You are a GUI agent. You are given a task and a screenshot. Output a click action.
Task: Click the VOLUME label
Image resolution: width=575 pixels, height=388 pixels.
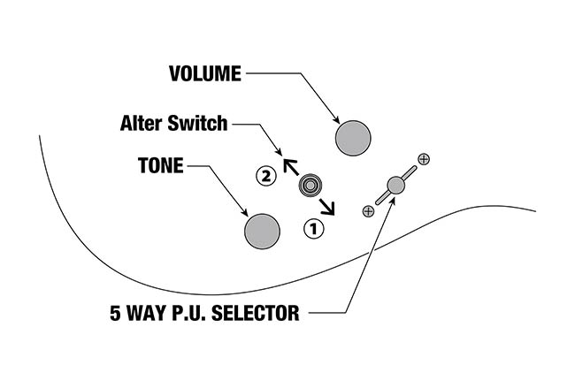point(204,74)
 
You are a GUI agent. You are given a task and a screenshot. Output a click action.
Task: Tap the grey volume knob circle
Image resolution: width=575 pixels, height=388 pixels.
point(354,138)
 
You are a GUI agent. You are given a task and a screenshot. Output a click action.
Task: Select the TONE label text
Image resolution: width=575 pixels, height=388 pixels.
point(160,165)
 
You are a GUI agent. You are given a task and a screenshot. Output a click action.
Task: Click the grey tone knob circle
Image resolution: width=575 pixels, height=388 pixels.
point(262,231)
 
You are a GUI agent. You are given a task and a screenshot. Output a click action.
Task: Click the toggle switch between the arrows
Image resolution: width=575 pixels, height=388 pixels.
point(310,186)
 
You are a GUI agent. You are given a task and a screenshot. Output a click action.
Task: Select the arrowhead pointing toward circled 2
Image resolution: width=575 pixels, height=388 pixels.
point(287,164)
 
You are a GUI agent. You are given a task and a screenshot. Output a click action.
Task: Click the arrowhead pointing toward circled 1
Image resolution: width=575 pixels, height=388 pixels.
point(332,209)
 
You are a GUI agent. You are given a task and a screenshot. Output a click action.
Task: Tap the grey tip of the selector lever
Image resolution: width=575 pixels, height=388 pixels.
point(395,186)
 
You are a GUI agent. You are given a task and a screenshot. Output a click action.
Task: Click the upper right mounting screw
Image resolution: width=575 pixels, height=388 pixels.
point(424,159)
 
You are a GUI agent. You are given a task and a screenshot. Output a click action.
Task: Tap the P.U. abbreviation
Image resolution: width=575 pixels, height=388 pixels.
point(190,313)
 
